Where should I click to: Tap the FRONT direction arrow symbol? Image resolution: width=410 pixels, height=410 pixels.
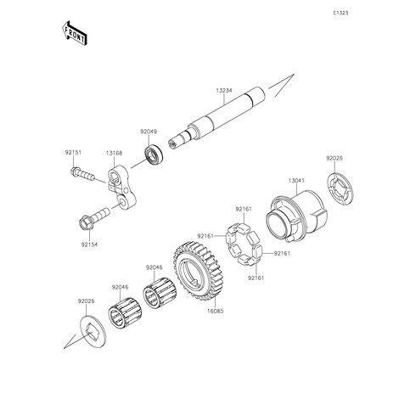coord(74,33)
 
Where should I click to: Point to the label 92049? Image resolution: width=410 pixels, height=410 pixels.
coord(149,132)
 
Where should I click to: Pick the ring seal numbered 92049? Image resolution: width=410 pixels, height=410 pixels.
coord(154,156)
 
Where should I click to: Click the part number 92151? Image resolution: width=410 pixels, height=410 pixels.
coord(74,153)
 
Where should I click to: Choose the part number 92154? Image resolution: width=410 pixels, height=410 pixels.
coord(89,244)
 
